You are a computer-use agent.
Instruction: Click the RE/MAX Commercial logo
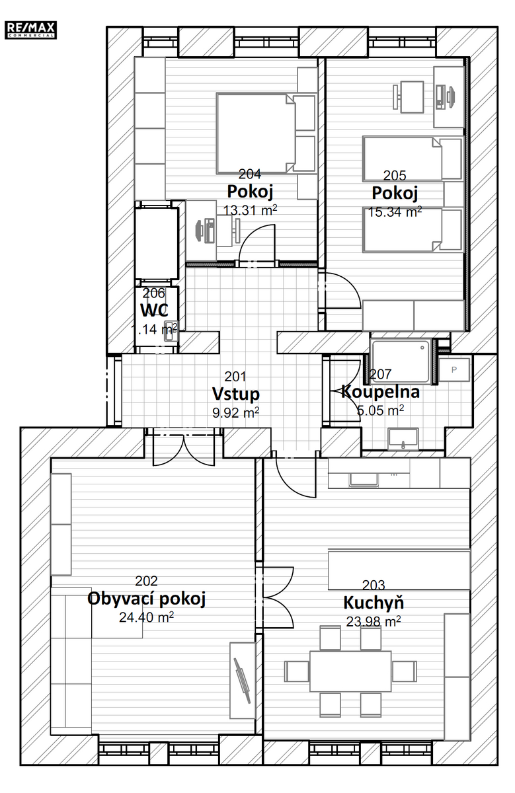[30, 30]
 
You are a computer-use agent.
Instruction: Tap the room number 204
[250, 174]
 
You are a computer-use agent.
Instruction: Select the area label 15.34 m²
[395, 211]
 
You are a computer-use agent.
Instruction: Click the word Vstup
[235, 394]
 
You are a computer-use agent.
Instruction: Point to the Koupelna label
[380, 391]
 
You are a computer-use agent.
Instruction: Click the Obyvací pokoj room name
[146, 599]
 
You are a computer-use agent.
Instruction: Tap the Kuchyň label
[374, 603]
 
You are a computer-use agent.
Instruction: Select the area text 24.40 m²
[146, 617]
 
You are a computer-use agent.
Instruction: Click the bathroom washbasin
[403, 439]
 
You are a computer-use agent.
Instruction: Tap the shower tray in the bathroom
[401, 361]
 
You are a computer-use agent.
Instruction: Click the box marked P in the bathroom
[454, 369]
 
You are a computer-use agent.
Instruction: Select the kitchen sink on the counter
[364, 480]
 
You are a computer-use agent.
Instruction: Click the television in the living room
[242, 680]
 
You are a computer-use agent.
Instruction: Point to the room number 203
[374, 585]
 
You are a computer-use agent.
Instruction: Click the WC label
[155, 311]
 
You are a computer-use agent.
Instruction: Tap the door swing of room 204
[257, 243]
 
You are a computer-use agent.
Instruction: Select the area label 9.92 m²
[235, 412]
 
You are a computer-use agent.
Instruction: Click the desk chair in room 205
[409, 96]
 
